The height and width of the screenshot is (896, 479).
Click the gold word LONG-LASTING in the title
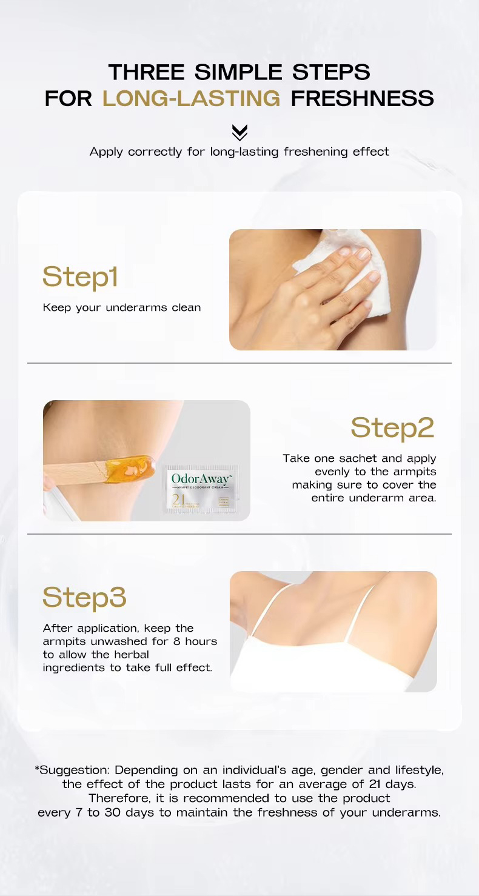point(191,98)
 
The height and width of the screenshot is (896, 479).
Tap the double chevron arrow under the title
point(239,132)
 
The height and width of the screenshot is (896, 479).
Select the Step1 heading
point(80,276)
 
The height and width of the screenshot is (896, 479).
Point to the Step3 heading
point(84,597)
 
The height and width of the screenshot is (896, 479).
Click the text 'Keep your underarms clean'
point(121,307)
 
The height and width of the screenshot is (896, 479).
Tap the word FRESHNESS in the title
point(362,98)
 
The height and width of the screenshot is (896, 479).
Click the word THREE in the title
point(148,72)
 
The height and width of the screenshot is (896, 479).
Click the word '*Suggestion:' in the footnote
point(72,770)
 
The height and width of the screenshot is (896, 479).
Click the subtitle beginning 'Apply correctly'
point(239,152)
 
